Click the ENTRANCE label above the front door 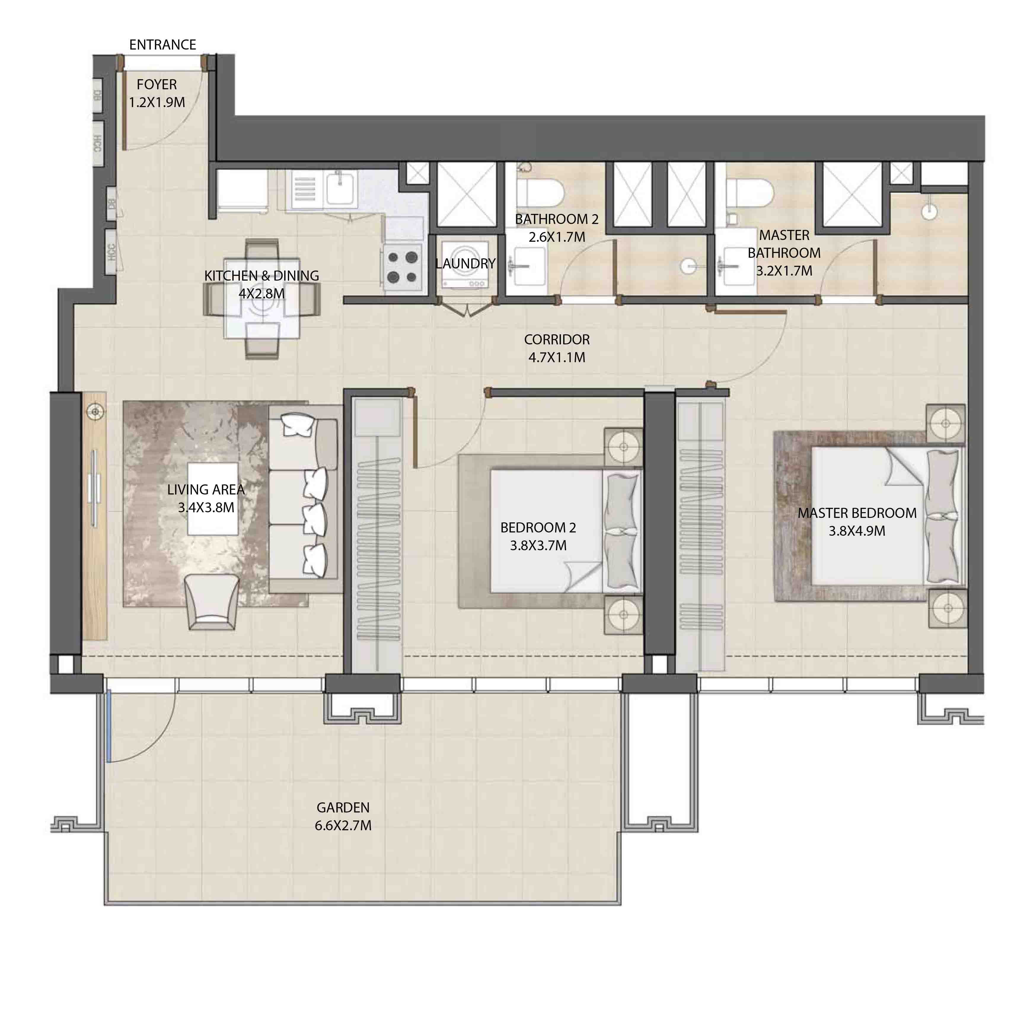[x=162, y=45]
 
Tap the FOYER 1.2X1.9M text [x=157, y=93]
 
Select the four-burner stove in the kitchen [x=403, y=267]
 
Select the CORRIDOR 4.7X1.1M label [x=556, y=348]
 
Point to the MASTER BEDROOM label [x=857, y=513]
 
